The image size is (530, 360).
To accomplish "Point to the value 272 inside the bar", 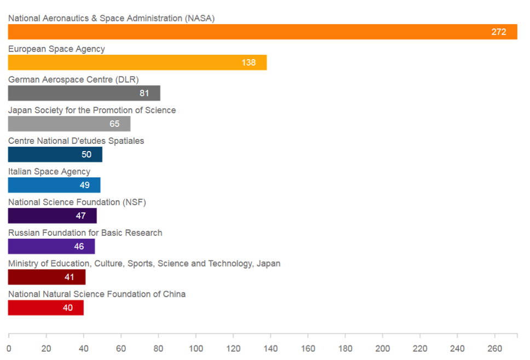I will pos(498,32).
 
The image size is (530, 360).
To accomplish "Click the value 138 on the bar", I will pos(249,62).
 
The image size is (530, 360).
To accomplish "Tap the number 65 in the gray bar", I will pos(114,124).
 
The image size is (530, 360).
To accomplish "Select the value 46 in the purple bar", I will pos(79,246).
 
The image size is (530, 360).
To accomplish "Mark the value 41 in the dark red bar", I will pos(70,277).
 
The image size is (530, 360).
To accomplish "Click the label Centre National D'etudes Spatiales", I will pos(76,141).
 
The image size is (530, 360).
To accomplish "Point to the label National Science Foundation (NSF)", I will pos(77,202).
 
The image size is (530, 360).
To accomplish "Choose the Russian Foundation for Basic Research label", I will pos(85,233).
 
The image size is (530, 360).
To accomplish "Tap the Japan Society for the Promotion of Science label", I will pos(92,110).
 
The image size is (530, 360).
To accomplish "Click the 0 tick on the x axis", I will pos(9,349).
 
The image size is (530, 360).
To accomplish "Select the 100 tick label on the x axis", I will pos(195,349).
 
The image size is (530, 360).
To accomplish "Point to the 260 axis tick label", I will pos(494,349).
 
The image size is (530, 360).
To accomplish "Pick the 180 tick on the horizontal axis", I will pos(345,349).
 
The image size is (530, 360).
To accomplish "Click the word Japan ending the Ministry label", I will pos(268,263).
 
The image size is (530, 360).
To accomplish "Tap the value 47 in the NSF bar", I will pos(80,216).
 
